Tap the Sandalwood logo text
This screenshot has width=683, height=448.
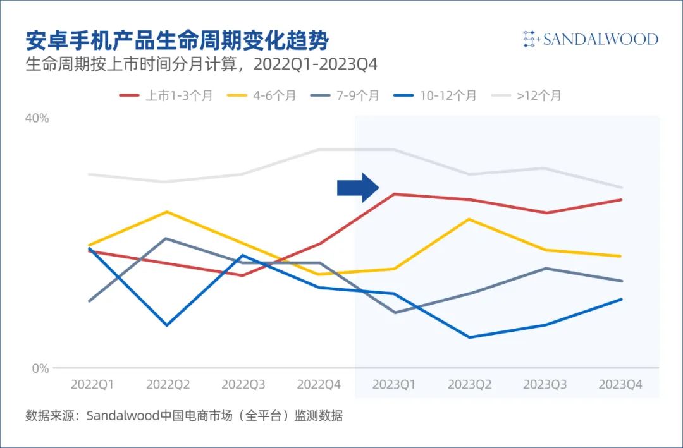click(x=591, y=39)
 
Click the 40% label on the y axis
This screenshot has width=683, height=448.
click(x=37, y=118)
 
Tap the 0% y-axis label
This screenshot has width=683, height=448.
click(x=40, y=368)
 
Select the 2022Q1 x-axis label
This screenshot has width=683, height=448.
click(x=92, y=384)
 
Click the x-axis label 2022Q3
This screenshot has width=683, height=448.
click(x=243, y=384)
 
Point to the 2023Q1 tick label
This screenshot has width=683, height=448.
click(x=394, y=384)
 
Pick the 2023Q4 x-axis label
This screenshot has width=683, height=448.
click(x=620, y=384)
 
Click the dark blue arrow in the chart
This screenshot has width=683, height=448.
click(x=358, y=188)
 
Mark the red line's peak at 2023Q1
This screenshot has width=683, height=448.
click(x=394, y=194)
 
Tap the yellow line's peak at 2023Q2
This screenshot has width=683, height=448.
click(x=469, y=219)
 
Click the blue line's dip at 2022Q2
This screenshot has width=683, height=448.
click(x=167, y=325)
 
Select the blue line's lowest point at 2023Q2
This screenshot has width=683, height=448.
click(x=469, y=337)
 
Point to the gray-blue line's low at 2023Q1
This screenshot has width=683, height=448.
click(x=394, y=312)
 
